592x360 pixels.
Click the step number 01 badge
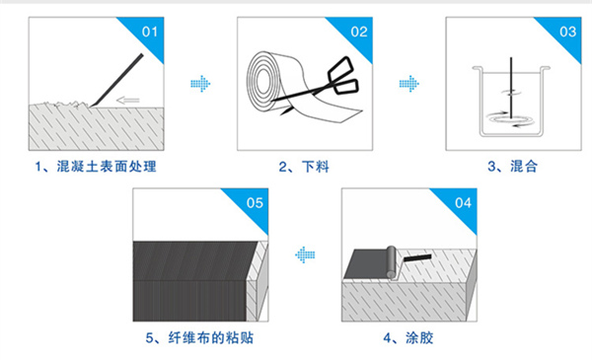pyautogui.click(x=150, y=31)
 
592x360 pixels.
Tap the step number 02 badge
pyautogui.click(x=358, y=31)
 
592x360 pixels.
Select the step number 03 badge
pyautogui.click(x=566, y=31)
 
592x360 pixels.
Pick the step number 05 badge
pyautogui.click(x=254, y=204)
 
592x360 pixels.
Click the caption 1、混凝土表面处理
pyautogui.click(x=95, y=166)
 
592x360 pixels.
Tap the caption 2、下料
pyautogui.click(x=303, y=166)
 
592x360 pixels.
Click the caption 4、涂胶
pyautogui.click(x=407, y=338)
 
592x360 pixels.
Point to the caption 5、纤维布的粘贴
pyautogui.click(x=198, y=338)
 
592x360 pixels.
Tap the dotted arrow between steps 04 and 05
pyautogui.click(x=304, y=255)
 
